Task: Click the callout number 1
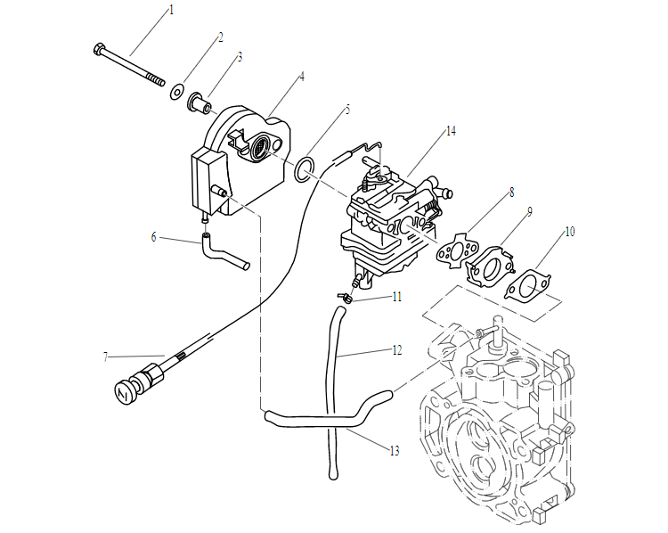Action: coord(171,10)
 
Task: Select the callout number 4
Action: coord(301,77)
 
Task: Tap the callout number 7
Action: coord(105,357)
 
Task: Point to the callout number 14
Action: coord(451,131)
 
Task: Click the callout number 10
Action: coord(569,231)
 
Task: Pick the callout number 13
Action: coord(394,451)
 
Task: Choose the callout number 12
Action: coord(397,349)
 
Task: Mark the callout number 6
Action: coord(153,236)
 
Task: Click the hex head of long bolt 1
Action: coord(99,49)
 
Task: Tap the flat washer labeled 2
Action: coord(177,90)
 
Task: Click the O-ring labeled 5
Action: coord(304,168)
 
